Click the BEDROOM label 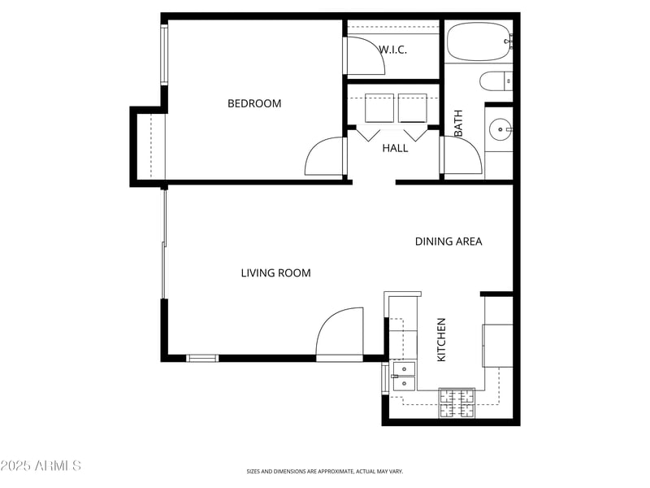click(x=254, y=103)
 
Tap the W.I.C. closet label click(x=392, y=50)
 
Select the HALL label click(x=395, y=148)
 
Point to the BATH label click(x=458, y=123)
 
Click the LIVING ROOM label click(x=275, y=273)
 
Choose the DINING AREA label click(x=448, y=242)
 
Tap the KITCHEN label click(x=442, y=339)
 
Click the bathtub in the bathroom click(x=479, y=41)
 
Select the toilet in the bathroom click(x=495, y=81)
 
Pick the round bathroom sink click(x=499, y=129)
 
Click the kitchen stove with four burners click(x=457, y=403)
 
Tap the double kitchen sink click(x=403, y=375)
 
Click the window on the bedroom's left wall click(x=163, y=54)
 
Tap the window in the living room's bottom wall click(x=202, y=358)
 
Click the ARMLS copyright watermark click(x=41, y=465)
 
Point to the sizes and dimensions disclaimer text click(x=324, y=471)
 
